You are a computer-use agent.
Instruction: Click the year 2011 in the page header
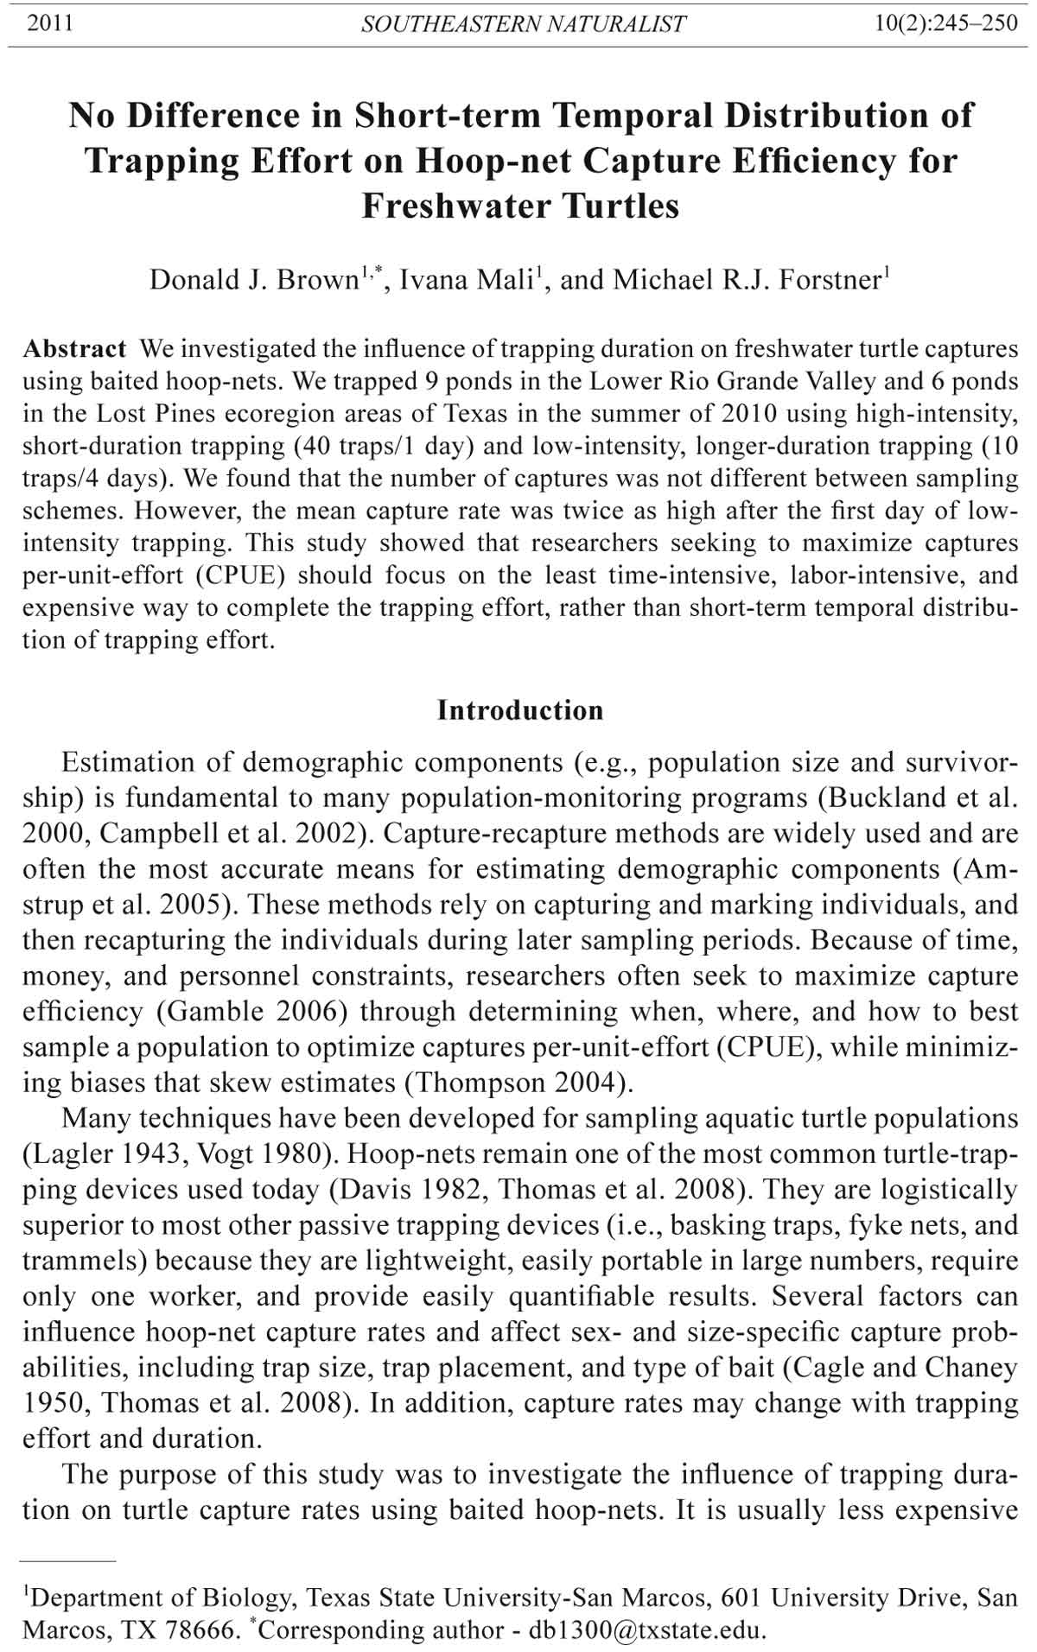[50, 23]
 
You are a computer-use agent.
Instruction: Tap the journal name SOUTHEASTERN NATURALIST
[523, 24]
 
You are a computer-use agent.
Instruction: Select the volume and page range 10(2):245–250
[947, 23]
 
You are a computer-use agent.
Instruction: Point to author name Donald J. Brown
[254, 280]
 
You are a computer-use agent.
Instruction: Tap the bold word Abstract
[75, 349]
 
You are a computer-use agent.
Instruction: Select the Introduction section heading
[520, 710]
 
